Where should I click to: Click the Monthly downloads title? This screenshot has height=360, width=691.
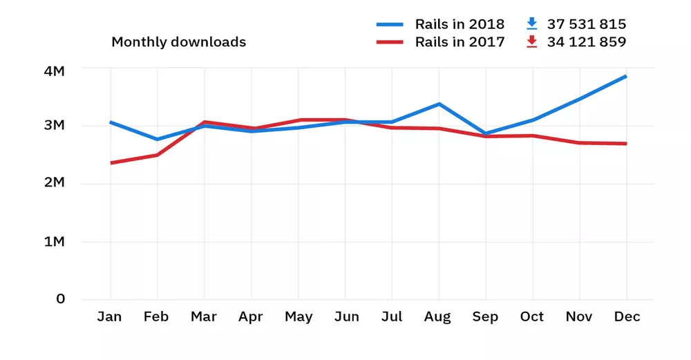[178, 42]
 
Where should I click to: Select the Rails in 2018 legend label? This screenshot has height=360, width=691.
[460, 24]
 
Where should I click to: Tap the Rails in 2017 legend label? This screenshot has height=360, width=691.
[460, 42]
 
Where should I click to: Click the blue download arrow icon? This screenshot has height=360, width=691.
[531, 24]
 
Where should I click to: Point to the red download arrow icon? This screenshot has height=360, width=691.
[531, 42]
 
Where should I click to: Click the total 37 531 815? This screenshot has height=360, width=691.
[587, 24]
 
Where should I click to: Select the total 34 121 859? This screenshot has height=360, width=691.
[587, 42]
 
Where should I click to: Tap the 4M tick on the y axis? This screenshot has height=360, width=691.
[53, 71]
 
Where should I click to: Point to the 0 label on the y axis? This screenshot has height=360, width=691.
[61, 299]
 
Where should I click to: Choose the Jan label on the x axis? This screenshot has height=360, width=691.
[109, 317]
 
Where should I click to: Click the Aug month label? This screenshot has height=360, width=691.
[438, 317]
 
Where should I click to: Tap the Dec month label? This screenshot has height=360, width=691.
[627, 317]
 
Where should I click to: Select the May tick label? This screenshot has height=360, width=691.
[299, 317]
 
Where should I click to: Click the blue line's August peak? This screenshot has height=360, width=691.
[439, 104]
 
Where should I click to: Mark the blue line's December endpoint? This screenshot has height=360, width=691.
[626, 76]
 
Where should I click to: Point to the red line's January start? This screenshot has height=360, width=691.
[111, 163]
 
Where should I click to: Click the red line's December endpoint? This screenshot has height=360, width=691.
[626, 144]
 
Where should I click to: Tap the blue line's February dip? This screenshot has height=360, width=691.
[158, 140]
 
